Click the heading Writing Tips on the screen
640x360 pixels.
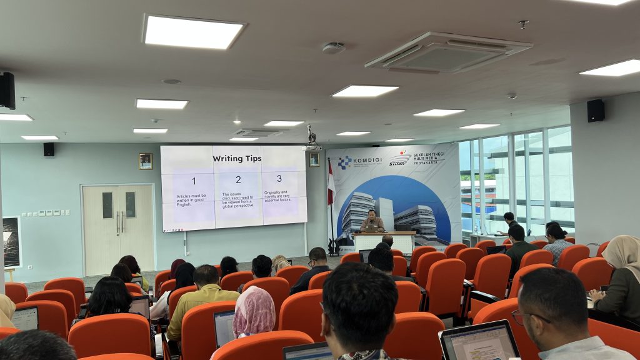click(x=236, y=159)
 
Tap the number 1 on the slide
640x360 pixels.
click(x=194, y=181)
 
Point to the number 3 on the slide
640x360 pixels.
click(x=279, y=178)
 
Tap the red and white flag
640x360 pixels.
click(x=331, y=184)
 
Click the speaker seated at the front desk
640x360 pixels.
click(x=372, y=221)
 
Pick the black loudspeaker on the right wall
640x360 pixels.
click(x=596, y=111)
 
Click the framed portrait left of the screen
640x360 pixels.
click(x=146, y=161)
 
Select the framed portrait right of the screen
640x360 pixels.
click(x=314, y=159)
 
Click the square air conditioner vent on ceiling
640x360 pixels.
click(x=447, y=52)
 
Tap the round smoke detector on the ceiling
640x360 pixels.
click(x=334, y=47)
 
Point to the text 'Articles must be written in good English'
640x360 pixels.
click(x=191, y=199)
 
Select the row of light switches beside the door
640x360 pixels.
click(x=46, y=213)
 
